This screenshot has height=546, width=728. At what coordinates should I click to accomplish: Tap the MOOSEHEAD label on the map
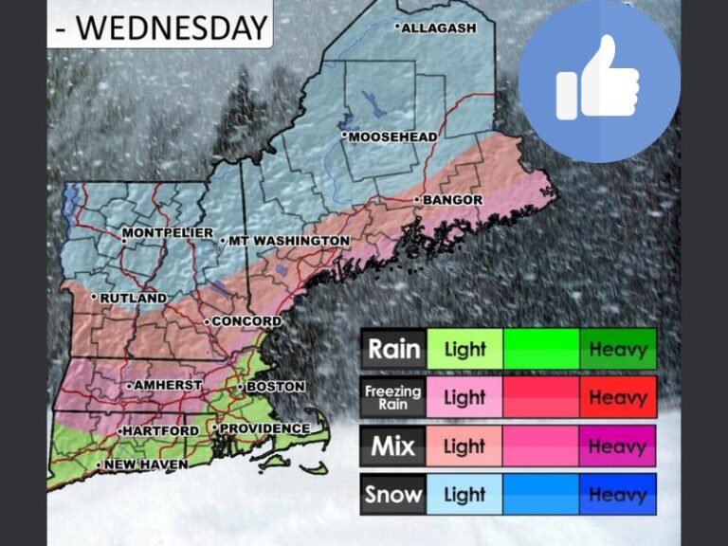tap(392, 137)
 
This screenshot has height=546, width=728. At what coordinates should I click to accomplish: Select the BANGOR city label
tap(452, 201)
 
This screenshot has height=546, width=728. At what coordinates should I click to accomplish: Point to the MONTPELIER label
tap(168, 233)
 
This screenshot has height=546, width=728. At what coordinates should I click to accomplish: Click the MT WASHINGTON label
tap(289, 242)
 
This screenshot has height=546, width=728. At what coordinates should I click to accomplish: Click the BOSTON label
tap(275, 387)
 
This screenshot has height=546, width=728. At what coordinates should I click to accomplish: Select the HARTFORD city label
tap(161, 431)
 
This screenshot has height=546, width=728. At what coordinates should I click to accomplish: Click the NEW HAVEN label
tap(145, 464)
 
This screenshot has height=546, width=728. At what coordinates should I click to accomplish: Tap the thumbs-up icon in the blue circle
tap(599, 80)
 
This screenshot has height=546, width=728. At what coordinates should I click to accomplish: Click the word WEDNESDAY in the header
tap(172, 27)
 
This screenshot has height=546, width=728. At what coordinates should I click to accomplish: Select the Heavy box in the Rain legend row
tap(617, 349)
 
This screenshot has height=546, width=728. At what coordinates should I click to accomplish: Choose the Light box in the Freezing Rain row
tap(464, 397)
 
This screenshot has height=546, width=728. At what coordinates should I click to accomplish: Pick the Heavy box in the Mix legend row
tap(617, 446)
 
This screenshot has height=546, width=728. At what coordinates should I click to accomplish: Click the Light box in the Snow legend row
tap(464, 494)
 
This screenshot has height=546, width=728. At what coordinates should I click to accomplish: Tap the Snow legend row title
tap(393, 494)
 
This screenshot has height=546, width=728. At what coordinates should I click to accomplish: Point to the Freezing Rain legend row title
tap(393, 397)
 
